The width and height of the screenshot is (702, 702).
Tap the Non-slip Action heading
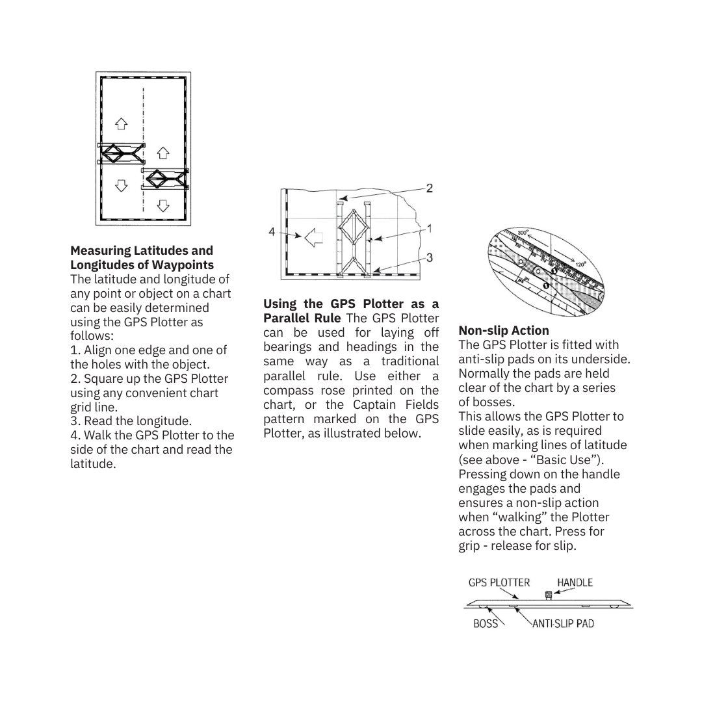(x=504, y=330)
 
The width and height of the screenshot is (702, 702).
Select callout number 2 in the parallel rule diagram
(x=430, y=188)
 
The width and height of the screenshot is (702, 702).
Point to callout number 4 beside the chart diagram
(x=272, y=231)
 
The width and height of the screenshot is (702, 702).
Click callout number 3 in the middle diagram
(x=430, y=258)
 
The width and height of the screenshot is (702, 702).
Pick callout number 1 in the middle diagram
(x=430, y=228)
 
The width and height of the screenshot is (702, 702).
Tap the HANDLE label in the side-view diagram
(x=575, y=582)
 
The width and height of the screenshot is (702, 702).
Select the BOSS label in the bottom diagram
(x=486, y=623)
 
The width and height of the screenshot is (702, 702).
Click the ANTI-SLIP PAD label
(x=563, y=623)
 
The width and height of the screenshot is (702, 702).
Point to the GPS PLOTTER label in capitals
(x=499, y=582)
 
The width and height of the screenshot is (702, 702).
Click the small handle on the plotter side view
(x=549, y=595)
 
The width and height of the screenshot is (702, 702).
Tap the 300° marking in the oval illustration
(x=524, y=233)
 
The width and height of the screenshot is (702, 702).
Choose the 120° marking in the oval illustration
(x=580, y=265)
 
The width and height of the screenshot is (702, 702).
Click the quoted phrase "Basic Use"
(x=575, y=460)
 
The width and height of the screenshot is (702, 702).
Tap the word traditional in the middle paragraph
(x=410, y=361)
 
